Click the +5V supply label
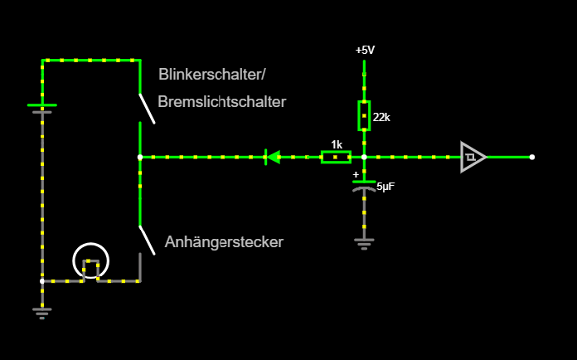365,50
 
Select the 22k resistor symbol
364,115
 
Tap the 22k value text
381,117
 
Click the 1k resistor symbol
336,157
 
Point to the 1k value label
337,144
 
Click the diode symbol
272,157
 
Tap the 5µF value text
386,187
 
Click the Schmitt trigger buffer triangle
473,157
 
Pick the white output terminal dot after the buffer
531,157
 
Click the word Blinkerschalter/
212,74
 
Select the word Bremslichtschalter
221,102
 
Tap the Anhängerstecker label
224,242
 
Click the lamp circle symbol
90,261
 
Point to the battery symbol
41,108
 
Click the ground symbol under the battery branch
41,312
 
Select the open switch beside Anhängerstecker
146,241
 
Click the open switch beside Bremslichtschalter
146,106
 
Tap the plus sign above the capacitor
356,175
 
